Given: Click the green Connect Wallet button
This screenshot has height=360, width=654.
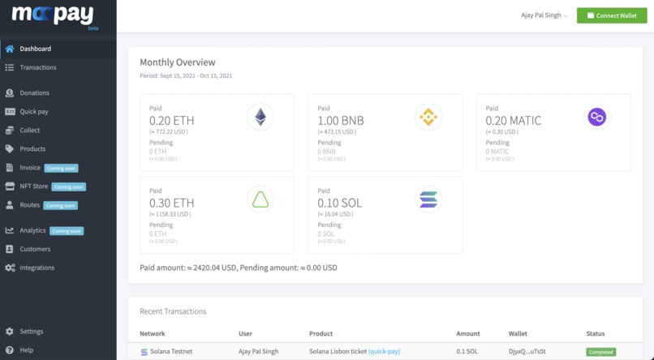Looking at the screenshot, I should (x=612, y=15).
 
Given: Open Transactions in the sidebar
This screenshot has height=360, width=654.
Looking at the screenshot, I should (x=38, y=67).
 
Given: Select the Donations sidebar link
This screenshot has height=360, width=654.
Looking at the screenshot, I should (x=34, y=93).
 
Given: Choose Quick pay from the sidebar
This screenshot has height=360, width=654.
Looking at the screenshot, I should (x=33, y=112).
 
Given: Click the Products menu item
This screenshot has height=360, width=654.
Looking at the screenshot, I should (x=32, y=149).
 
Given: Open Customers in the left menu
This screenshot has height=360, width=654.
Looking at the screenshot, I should (x=35, y=249).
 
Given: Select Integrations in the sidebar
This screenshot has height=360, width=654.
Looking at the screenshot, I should (x=37, y=268).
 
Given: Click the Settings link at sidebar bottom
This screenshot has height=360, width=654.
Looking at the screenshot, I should (x=32, y=332).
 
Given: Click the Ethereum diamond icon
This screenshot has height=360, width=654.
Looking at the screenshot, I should (x=260, y=118).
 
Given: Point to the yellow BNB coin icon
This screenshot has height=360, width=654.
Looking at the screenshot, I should (x=428, y=118).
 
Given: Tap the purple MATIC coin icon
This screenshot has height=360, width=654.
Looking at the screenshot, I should (x=596, y=118).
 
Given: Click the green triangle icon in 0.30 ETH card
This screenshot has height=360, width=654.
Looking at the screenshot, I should (x=260, y=199).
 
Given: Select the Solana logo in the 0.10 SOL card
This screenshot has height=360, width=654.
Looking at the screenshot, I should (x=428, y=199).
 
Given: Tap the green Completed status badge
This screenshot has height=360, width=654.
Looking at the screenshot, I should (x=600, y=353).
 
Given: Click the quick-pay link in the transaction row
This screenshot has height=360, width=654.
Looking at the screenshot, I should (x=384, y=352).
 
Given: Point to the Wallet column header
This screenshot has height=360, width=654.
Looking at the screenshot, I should (x=518, y=334).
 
